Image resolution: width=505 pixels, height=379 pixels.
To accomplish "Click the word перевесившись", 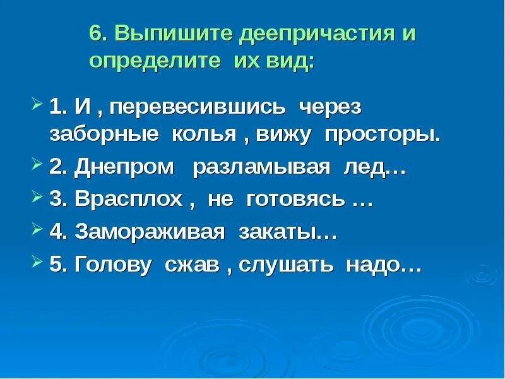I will click(199, 107).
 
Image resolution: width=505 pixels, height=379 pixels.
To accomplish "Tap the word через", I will click(330, 107).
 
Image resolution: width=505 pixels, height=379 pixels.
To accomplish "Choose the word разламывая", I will click(261, 168).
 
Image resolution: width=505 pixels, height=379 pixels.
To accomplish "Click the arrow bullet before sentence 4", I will click(37, 231).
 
